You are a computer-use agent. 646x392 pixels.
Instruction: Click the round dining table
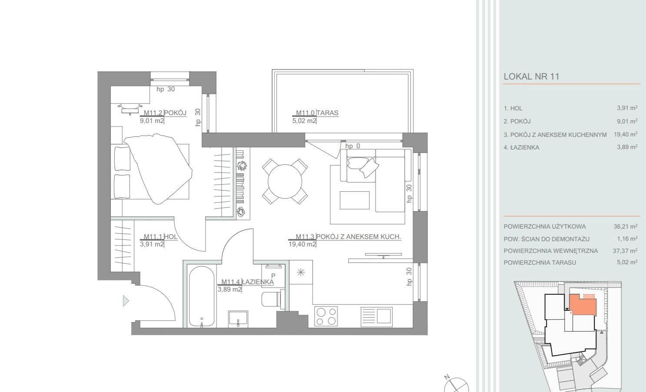tap(285, 181)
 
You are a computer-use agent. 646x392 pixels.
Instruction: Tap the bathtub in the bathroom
tap(202, 296)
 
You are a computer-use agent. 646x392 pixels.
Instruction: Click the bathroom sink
tap(238, 319)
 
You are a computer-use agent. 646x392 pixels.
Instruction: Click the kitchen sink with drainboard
tap(376, 317)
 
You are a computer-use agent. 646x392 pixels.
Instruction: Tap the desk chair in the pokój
tap(130, 109)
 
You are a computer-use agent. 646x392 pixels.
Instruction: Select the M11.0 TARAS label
tap(317, 113)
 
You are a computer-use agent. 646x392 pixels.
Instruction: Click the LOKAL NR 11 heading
tap(531, 76)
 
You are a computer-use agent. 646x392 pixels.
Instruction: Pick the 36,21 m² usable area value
tap(625, 226)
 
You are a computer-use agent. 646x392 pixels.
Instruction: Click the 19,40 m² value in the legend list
tap(625, 134)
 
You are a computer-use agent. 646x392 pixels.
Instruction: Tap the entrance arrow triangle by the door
tap(126, 301)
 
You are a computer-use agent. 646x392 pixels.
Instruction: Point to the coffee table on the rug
tap(354, 200)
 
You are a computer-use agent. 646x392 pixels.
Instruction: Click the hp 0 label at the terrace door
tap(353, 146)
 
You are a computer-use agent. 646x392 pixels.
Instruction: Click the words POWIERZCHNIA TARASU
tap(539, 262)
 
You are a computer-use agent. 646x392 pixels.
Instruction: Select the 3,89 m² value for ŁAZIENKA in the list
tap(627, 147)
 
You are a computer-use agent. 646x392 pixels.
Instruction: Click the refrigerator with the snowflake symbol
tap(301, 272)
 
